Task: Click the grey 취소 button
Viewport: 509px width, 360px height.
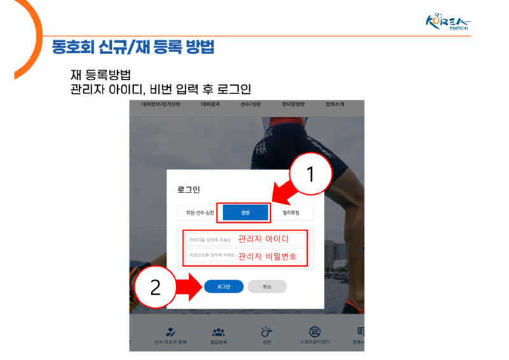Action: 267,287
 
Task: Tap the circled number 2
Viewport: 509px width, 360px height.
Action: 154,287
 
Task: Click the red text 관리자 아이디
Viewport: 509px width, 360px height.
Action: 263,240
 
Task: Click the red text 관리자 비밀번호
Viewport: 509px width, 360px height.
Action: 267,257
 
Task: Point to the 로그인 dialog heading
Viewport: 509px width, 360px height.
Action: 189,190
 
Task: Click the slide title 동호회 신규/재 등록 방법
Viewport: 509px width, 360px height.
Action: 133,47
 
